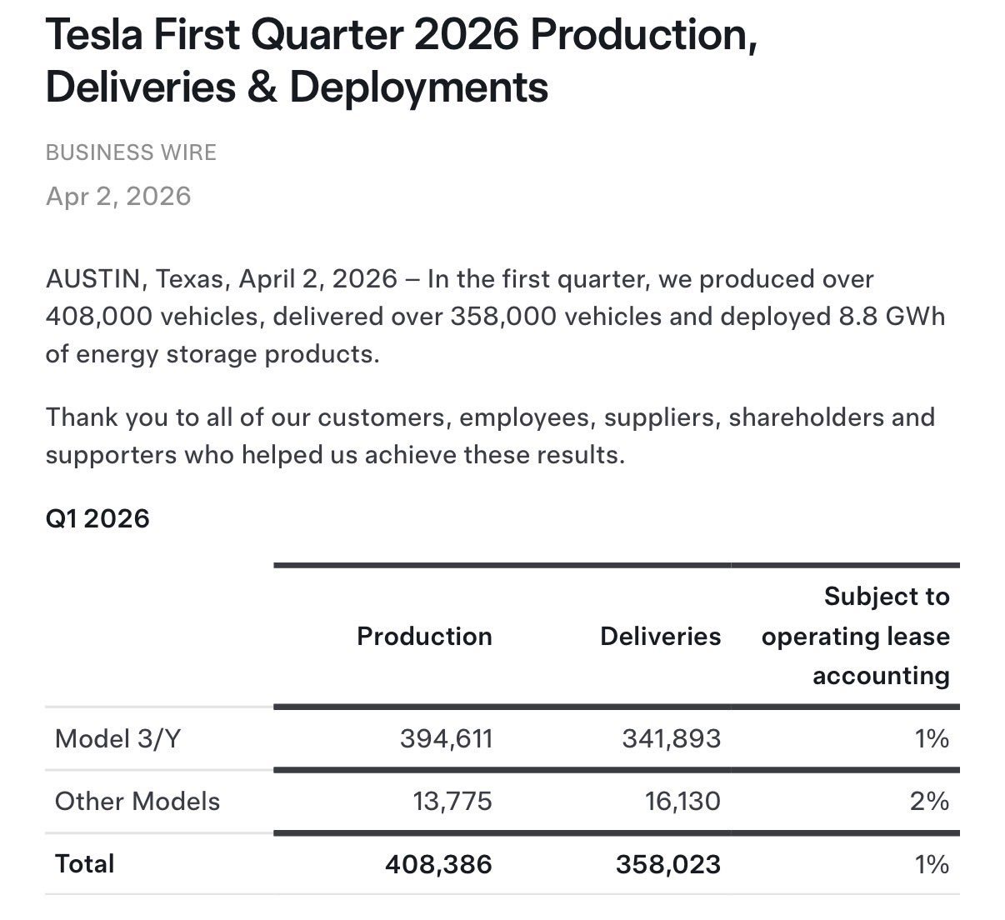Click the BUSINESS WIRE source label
(131, 152)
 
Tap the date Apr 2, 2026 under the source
(118, 196)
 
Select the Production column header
(424, 636)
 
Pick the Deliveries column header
(660, 636)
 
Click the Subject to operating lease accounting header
(856, 636)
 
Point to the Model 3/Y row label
(117, 738)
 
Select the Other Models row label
(137, 801)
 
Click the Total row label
(84, 863)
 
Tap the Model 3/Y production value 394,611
(446, 738)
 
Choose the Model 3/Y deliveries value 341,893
(671, 738)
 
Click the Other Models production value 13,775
(452, 801)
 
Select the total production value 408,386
(438, 864)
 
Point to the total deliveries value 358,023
(668, 864)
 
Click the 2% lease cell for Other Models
(929, 801)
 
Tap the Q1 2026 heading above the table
(97, 518)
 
